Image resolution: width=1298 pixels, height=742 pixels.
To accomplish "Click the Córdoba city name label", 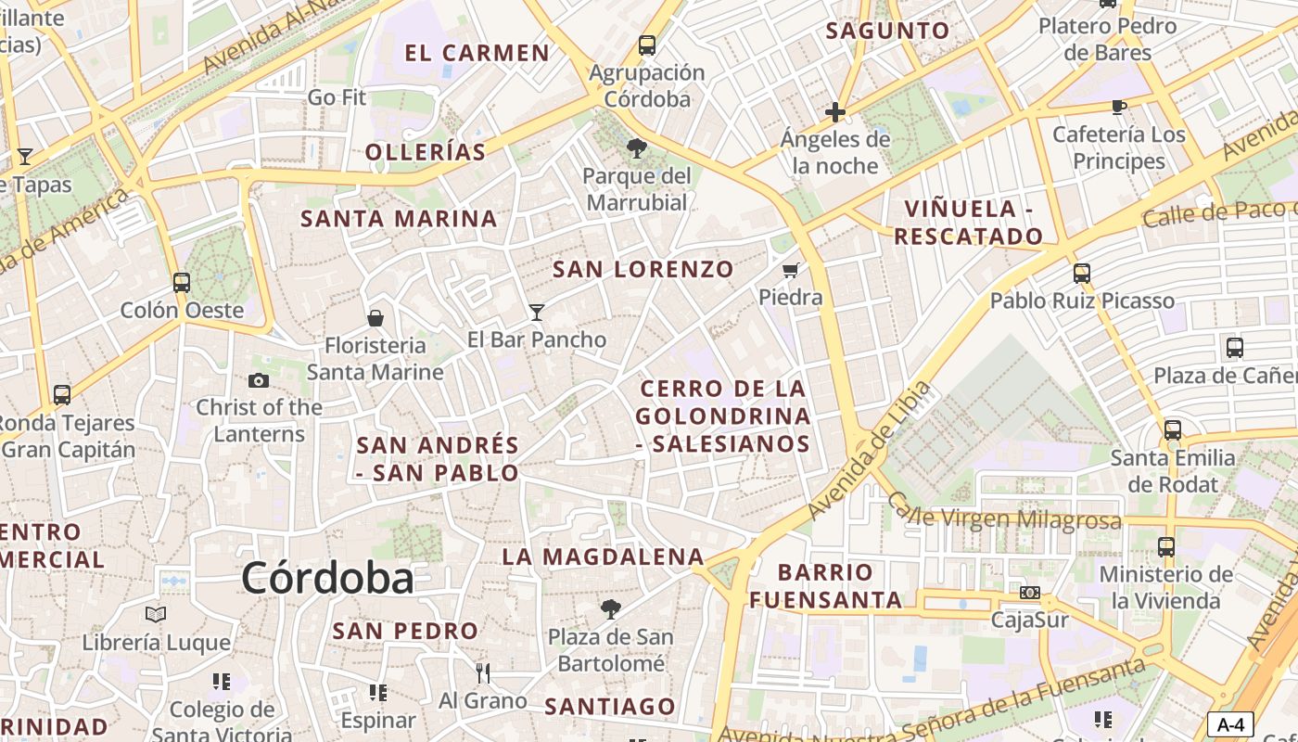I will coord(327,578).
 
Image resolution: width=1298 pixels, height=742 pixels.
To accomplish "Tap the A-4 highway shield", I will coord(1230,724).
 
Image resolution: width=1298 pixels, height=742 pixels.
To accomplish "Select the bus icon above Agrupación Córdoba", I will coord(647,45).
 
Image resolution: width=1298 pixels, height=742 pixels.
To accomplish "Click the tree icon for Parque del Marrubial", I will coord(636,148).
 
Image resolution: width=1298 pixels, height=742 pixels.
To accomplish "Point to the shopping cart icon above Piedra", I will coord(791,270).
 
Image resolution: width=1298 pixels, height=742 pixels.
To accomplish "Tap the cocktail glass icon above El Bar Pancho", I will coord(536,312).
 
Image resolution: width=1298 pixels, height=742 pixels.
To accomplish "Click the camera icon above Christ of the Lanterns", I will coord(259,380).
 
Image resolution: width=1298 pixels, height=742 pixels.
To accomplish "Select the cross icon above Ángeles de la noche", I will coord(834,113).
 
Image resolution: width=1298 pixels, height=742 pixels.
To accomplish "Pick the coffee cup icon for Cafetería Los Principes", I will coord(1119,107).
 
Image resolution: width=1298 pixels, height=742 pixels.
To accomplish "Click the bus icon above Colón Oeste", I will coord(182,282).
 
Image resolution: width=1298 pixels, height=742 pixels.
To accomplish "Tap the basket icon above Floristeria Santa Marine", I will coord(375,318).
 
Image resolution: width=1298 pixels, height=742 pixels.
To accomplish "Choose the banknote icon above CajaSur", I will coord(1029,593).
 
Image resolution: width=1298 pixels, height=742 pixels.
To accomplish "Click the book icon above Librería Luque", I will coord(156,614).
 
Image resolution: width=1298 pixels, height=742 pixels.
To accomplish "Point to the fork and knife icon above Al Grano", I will coord(482,672).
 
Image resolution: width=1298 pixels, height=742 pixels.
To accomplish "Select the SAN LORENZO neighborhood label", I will coord(643,269).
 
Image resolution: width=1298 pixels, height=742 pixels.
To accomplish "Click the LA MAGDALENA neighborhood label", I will coord(603,556).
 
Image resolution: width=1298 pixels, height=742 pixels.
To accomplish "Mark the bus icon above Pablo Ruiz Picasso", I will coord(1081,274).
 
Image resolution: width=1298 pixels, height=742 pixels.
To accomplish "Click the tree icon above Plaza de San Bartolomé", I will coord(610,608).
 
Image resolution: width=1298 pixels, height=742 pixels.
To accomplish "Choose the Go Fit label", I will coord(337,96).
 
